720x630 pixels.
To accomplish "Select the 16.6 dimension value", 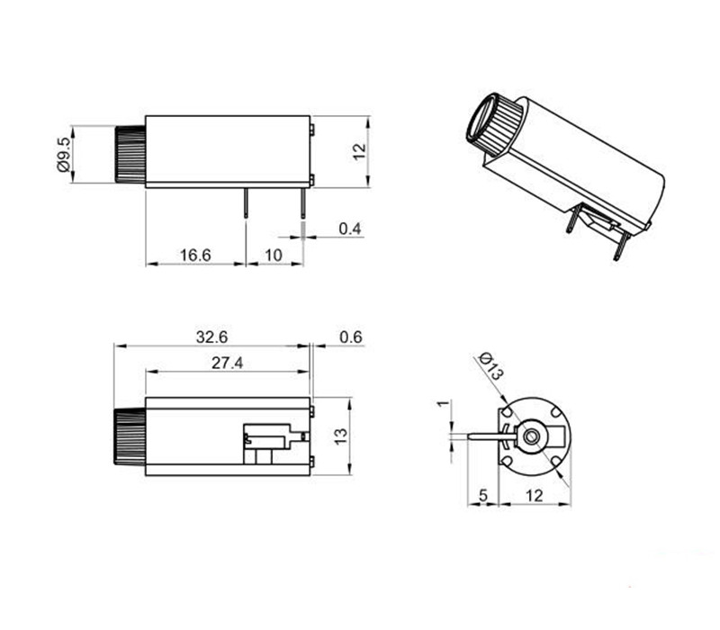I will click(x=194, y=256).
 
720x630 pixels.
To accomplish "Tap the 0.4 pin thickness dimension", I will click(x=350, y=229).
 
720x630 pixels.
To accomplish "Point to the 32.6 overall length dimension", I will click(x=211, y=337).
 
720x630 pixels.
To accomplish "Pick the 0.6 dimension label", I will click(x=351, y=337).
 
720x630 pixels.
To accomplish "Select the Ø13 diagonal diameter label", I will click(x=490, y=364).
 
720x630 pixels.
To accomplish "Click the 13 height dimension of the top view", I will click(x=340, y=436).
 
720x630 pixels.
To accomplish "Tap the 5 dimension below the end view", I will click(x=482, y=494).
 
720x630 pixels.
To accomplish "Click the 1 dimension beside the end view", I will click(x=441, y=404).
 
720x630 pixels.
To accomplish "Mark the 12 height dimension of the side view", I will click(x=359, y=151).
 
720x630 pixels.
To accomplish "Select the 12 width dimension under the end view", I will click(x=534, y=494).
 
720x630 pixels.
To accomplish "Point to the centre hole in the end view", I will click(x=534, y=436).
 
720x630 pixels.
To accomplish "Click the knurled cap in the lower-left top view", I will click(x=129, y=436).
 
